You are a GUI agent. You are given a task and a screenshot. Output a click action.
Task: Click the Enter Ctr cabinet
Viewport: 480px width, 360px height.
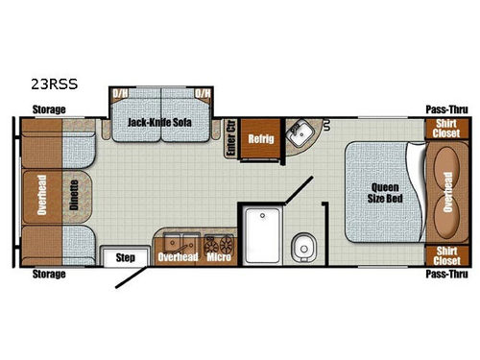click(230, 139)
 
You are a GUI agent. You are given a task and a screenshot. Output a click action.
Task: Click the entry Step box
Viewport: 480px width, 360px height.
click(125, 257)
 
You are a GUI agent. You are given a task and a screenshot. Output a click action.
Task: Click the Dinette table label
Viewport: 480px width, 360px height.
click(74, 193)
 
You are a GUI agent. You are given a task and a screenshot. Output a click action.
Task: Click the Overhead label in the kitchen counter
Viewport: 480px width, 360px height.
click(177, 257)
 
